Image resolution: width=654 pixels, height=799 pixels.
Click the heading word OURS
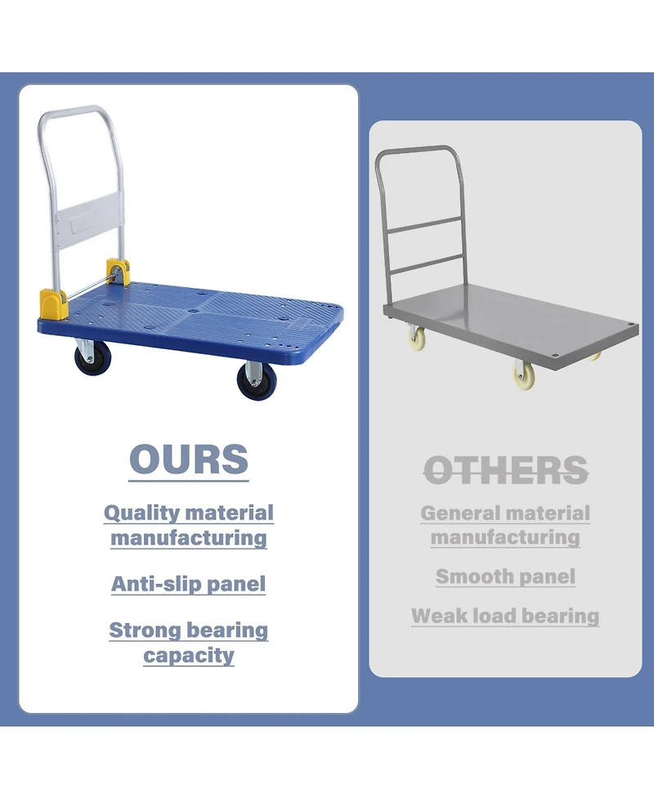(x=189, y=460)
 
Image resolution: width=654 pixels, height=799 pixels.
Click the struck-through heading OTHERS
(x=506, y=469)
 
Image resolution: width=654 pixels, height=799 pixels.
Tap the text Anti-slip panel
(x=189, y=584)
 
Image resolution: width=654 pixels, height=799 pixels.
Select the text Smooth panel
(x=505, y=577)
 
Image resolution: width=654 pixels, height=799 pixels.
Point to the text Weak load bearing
(x=505, y=616)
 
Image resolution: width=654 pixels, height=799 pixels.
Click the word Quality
(x=141, y=514)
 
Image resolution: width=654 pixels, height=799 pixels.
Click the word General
(x=459, y=514)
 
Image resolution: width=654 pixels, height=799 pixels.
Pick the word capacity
(x=189, y=655)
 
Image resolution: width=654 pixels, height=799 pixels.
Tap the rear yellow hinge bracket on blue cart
(x=118, y=271)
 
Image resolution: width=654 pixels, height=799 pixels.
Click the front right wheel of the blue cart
(x=252, y=380)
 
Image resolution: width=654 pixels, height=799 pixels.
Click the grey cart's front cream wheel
(x=523, y=375)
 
